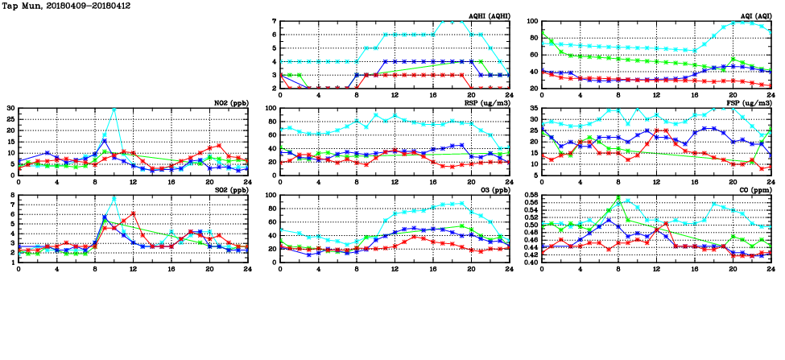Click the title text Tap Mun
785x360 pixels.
click(x=24, y=6)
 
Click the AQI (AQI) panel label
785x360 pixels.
click(x=755, y=16)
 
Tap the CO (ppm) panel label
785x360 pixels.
click(x=754, y=190)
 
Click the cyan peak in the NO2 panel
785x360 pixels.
click(x=114, y=109)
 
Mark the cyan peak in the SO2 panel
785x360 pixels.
click(x=114, y=198)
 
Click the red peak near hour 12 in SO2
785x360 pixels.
click(x=133, y=213)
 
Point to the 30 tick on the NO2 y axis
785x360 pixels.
click(x=10, y=108)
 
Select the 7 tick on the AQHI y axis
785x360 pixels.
click(x=274, y=22)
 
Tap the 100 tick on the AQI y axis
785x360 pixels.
click(x=532, y=22)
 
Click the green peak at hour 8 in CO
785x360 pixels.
click(x=618, y=197)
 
